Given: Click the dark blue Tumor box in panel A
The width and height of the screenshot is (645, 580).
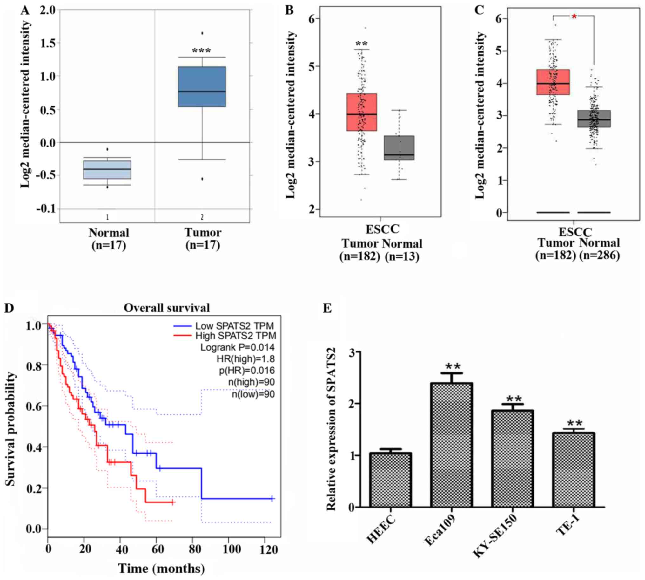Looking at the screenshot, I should pos(202,87).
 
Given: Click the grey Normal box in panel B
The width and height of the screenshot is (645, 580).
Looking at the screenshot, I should pos(399,148).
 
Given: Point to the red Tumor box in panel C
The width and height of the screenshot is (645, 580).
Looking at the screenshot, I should pos(553,82).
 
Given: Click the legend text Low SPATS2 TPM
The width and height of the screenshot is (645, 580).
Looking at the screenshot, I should pos(234,326).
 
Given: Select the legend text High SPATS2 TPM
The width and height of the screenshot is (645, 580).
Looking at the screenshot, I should pos(236,336).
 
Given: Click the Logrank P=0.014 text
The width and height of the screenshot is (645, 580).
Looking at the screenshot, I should pos(237,347).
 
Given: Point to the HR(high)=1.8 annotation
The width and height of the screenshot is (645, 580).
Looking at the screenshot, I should pos(245,359).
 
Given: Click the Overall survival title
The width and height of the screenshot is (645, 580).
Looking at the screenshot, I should pos(167,308).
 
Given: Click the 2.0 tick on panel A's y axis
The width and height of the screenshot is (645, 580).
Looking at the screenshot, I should pos(48,10).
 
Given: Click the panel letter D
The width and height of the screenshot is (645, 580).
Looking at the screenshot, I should pos(10,309).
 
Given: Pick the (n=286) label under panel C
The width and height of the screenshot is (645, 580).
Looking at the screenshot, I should pos(600,255).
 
